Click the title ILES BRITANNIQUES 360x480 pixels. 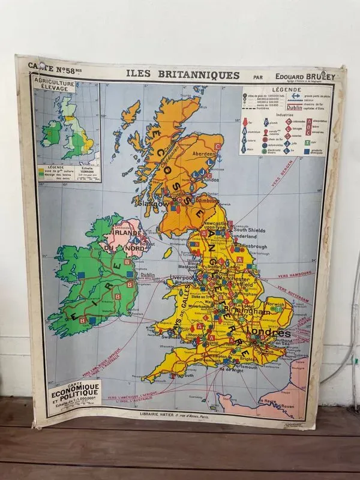pos(182,75)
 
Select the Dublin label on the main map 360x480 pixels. pos(147,275)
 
